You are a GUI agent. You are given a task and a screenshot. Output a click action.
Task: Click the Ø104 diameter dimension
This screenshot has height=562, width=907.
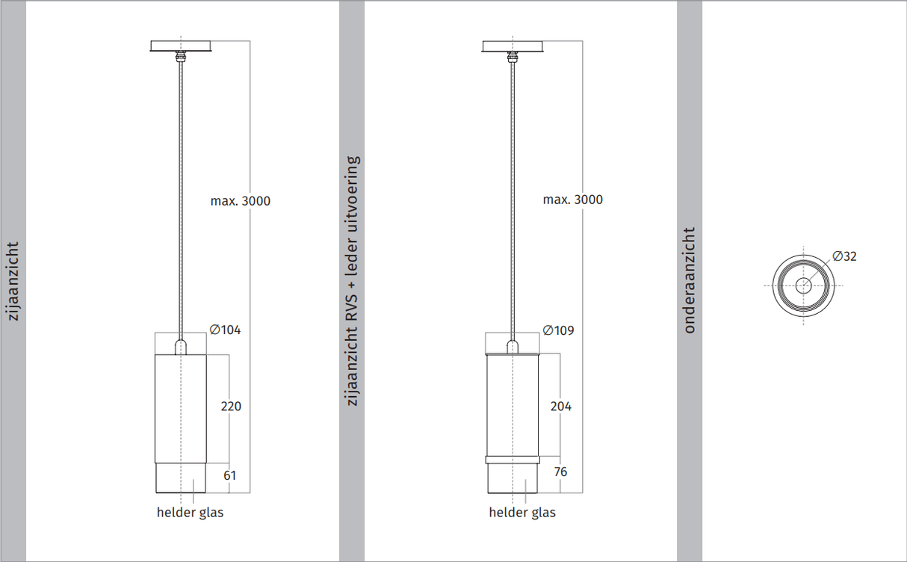coord(225,330)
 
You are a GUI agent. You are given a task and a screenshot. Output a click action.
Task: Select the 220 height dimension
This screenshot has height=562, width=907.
coord(231,406)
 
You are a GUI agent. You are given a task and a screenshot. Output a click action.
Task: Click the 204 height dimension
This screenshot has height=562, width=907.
coord(560,406)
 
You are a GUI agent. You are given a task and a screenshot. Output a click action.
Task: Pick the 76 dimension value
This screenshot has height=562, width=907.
coord(560,472)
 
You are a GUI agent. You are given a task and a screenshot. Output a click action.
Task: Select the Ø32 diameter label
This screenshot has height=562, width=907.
coord(844,256)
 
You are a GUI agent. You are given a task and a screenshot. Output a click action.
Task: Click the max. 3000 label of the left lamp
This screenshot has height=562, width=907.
coord(240,201)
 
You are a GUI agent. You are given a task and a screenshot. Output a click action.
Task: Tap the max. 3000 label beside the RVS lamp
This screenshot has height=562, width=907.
coord(572,200)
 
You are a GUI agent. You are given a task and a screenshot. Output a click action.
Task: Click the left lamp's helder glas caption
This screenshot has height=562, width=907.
coord(190,513)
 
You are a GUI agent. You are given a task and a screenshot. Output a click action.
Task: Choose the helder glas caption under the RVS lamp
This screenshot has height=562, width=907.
coord(522,513)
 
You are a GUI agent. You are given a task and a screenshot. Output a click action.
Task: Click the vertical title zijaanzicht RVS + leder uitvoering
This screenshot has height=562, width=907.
coord(353,281)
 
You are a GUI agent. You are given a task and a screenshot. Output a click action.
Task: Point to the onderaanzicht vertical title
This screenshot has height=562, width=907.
coord(689,280)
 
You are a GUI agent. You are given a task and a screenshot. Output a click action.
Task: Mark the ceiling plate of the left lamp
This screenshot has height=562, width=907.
coord(181,46)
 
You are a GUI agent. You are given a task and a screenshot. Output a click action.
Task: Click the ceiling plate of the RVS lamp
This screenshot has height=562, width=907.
coord(513,46)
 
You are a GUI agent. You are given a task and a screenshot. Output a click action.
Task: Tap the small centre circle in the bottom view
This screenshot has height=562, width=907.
coord(803,285)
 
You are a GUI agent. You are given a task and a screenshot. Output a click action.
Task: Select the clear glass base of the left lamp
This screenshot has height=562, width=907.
coord(180,479)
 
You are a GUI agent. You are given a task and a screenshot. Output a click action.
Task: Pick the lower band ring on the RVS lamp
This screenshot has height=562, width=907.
coord(513,460)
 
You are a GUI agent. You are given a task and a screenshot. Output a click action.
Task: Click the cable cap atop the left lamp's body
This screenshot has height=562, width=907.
coord(180,347)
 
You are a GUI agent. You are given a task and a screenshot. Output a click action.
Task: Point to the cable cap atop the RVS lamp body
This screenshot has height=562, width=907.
coord(513,347)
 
